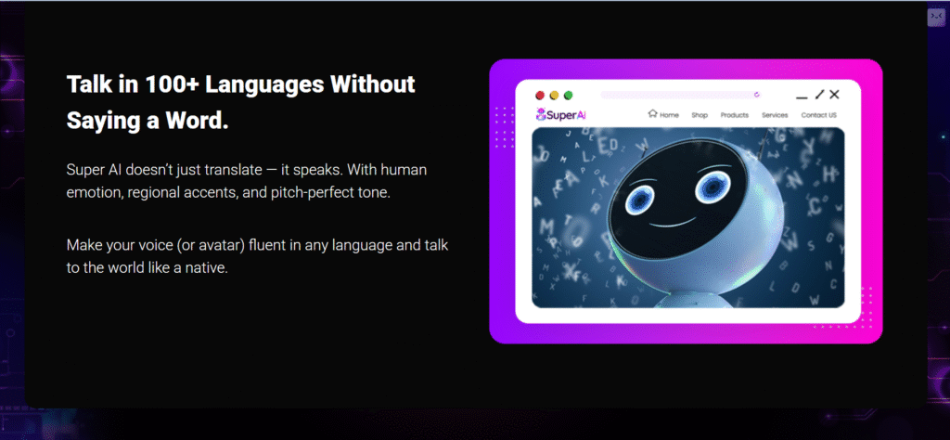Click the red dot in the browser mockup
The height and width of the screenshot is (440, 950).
(x=540, y=96)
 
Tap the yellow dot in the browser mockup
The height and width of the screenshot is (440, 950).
(x=554, y=96)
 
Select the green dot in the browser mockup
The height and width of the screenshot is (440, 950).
(x=569, y=96)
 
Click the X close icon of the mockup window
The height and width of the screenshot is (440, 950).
(x=834, y=94)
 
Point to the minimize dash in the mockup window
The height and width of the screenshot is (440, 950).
(x=802, y=97)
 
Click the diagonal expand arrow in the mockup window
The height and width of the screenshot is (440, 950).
(x=820, y=94)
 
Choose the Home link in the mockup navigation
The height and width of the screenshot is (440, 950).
(x=663, y=114)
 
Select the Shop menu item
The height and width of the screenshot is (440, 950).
(x=700, y=115)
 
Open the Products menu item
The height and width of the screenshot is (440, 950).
(x=735, y=115)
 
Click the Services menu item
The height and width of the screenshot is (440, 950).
(x=775, y=115)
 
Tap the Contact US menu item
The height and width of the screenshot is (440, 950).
(x=818, y=115)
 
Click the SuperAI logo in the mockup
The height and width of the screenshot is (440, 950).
(x=561, y=114)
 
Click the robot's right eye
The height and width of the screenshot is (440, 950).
(x=712, y=188)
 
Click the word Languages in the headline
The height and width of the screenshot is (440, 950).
(x=264, y=84)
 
